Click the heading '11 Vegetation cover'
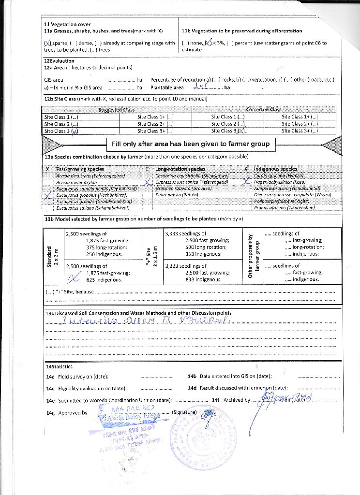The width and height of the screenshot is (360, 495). click(x=67, y=24)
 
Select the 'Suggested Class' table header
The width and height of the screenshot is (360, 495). click(x=116, y=110)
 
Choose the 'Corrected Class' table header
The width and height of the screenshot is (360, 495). click(x=263, y=110)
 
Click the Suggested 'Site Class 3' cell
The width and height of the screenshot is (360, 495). click(x=61, y=131)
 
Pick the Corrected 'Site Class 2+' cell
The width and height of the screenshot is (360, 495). click(x=300, y=124)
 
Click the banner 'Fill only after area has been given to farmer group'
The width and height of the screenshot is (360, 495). click(x=191, y=144)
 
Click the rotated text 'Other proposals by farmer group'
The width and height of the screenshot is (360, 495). click(x=254, y=256)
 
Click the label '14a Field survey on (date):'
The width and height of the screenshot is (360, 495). click(x=76, y=376)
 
